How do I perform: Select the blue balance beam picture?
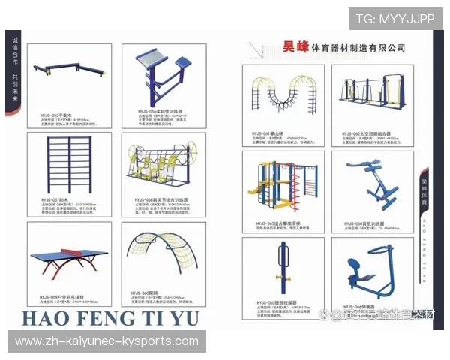(68, 76)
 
